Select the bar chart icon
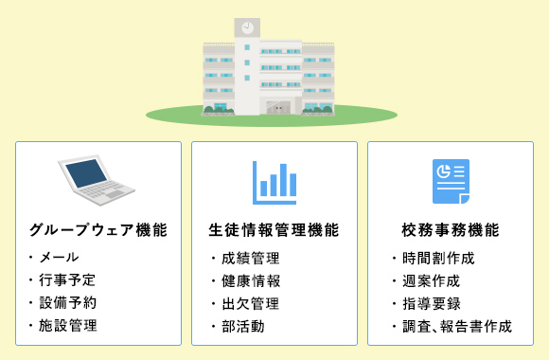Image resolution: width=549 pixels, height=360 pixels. (x=274, y=182)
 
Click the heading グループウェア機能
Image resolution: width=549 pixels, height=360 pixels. (x=98, y=230)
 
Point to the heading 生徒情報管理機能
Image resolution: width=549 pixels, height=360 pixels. (x=274, y=230)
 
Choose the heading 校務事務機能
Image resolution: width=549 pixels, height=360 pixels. (x=451, y=230)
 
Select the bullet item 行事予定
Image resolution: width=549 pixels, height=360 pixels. (x=67, y=280)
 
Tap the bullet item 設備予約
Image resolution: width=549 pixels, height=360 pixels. (x=67, y=303)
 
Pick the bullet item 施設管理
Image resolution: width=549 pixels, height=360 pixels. (x=67, y=326)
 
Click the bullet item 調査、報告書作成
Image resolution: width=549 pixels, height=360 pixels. (x=456, y=326)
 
